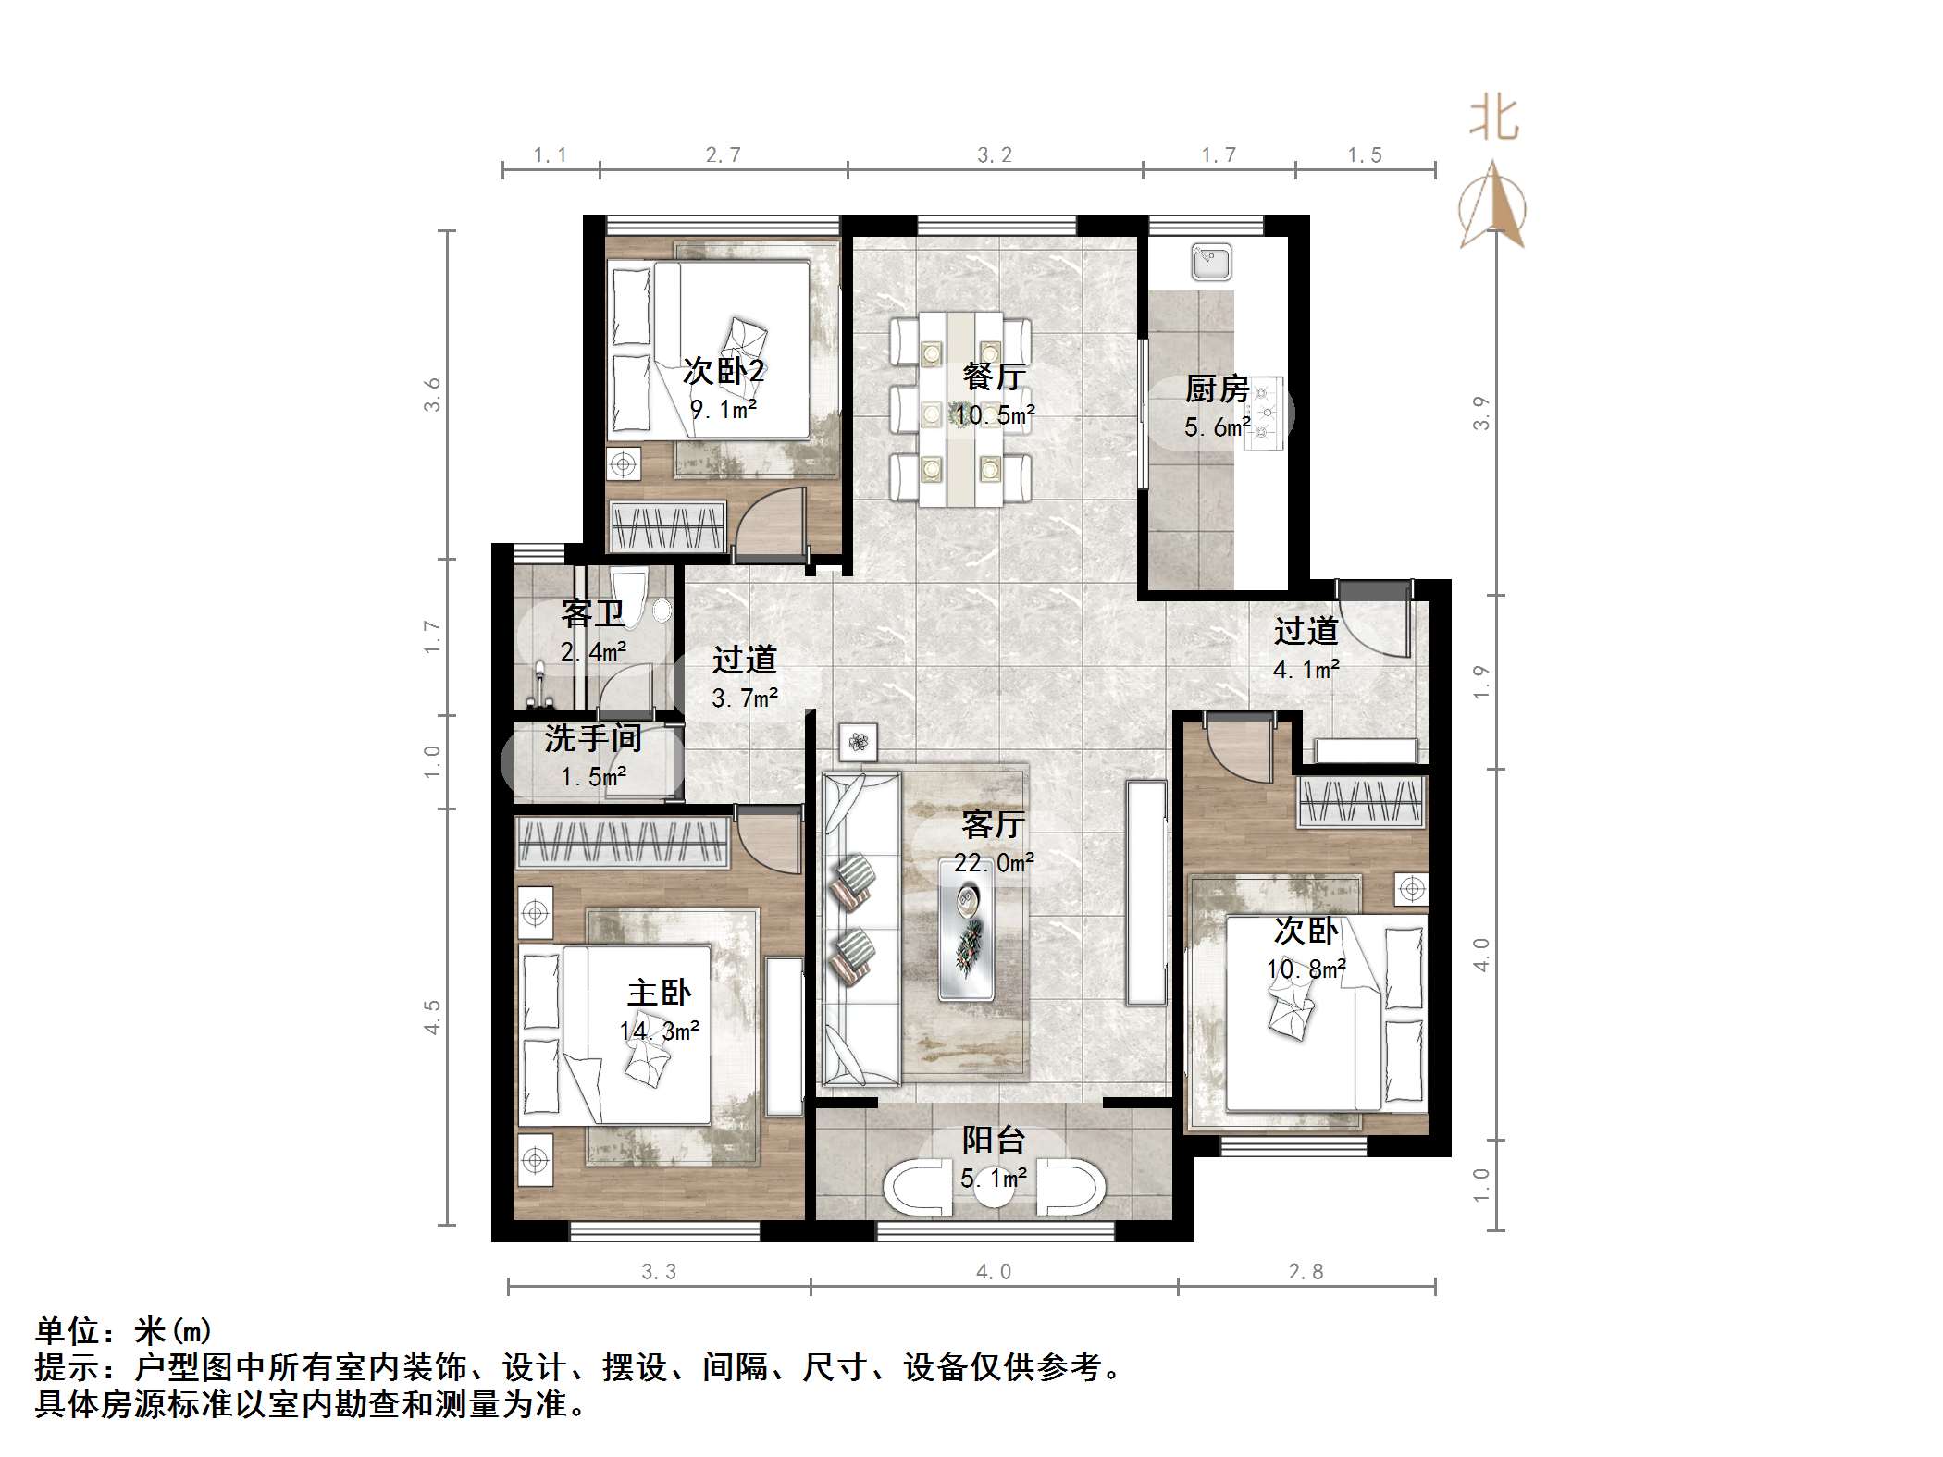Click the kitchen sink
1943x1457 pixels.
pos(1211,261)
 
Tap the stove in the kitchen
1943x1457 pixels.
pos(1264,414)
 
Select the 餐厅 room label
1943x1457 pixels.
pos(994,376)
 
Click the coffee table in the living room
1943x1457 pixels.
pos(967,929)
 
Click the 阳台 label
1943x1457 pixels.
pos(994,1139)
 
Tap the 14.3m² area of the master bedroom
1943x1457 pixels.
pos(659,1031)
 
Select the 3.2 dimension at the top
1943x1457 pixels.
pos(995,155)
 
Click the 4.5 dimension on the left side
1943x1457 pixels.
pos(432,1017)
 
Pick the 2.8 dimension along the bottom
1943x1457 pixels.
pos(1306,1272)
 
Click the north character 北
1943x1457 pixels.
pos(1493,120)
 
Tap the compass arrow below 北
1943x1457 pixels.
pos(1491,205)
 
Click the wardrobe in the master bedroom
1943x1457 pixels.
pos(621,843)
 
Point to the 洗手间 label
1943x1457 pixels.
pos(592,738)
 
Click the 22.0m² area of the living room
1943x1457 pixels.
pos(994,863)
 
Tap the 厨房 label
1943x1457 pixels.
pos(1217,389)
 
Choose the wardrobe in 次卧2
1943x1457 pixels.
pos(666,527)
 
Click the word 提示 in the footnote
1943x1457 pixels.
pos(68,1365)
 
